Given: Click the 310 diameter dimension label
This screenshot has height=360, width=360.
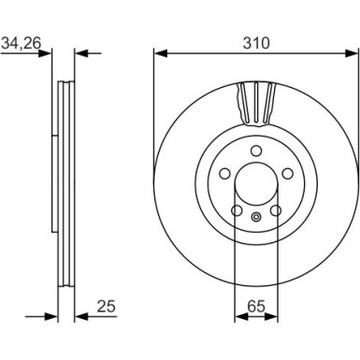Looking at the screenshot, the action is click(256, 43).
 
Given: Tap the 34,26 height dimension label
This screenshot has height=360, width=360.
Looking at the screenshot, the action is click(22, 44).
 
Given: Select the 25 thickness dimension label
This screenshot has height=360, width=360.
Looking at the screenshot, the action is click(106, 307).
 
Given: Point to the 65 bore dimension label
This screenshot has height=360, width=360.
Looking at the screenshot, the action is click(256, 307).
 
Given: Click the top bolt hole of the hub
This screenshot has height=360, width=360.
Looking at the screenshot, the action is click(256, 151).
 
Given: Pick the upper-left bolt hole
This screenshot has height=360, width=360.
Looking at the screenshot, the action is click(224, 174).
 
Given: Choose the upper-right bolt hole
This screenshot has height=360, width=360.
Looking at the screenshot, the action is click(288, 174).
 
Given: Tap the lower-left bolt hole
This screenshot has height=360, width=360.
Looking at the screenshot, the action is click(237, 210).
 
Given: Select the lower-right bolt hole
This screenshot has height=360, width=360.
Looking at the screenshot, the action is click(276, 210).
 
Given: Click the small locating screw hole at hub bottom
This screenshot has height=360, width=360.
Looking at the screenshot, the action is click(256, 217).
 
